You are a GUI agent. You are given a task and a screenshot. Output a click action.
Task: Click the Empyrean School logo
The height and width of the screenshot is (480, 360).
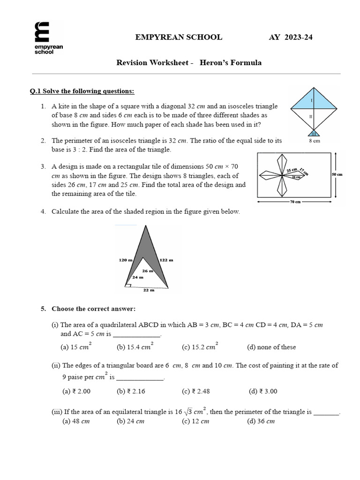[48, 37]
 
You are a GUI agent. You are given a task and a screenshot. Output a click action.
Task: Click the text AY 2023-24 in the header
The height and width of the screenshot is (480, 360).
[290, 37]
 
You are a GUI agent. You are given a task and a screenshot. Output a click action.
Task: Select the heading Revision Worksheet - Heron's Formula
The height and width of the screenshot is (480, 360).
[189, 62]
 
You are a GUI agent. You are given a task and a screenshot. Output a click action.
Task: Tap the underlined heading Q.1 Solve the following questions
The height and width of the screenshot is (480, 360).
[82, 91]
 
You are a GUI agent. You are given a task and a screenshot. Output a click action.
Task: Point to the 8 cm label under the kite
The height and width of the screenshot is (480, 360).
[314, 141]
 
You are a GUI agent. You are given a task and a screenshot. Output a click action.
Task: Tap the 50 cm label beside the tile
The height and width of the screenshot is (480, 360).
[337, 174]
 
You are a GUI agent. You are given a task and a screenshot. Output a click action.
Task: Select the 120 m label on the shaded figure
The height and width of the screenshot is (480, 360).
[126, 260]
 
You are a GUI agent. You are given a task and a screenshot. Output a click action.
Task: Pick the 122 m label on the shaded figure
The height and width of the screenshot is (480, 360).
[167, 260]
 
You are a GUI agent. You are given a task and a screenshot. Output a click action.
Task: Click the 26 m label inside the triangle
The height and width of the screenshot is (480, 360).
[148, 270]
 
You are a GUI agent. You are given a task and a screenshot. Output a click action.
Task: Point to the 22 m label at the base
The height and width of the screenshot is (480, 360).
[149, 290]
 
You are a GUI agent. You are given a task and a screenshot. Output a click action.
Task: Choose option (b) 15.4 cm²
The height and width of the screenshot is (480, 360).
[135, 347]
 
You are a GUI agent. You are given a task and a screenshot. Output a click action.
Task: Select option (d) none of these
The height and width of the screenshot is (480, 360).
[271, 347]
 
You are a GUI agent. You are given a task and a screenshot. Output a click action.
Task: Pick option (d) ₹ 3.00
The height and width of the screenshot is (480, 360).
[263, 391]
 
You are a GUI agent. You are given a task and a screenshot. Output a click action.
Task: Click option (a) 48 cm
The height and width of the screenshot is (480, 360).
[76, 421]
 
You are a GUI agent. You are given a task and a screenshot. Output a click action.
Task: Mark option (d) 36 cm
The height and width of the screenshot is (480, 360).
[261, 421]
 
